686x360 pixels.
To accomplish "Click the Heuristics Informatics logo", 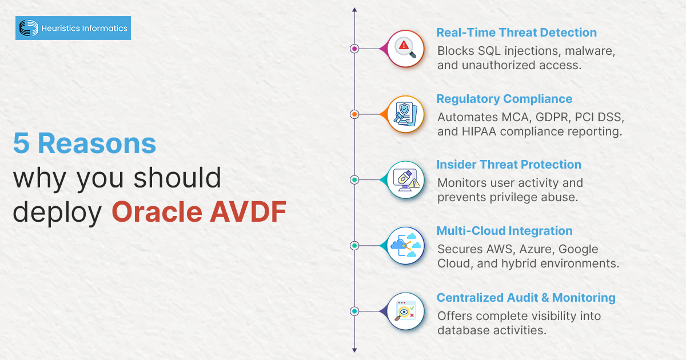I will click(x=73, y=28).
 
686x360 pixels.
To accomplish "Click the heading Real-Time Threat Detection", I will click(x=516, y=33).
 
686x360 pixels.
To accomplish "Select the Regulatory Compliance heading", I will click(x=504, y=99).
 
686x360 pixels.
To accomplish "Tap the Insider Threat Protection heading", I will click(x=509, y=165).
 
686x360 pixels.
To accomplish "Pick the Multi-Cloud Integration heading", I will click(x=504, y=231).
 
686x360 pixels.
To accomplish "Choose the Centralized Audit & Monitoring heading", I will click(x=526, y=298).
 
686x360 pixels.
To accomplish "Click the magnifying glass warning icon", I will click(x=405, y=49).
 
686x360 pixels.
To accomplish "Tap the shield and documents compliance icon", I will click(x=405, y=114).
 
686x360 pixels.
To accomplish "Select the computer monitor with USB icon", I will click(x=405, y=180).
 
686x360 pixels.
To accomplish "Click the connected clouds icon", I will click(x=405, y=246).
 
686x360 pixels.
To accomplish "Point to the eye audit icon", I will click(x=405, y=311).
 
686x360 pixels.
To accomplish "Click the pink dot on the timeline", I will click(x=354, y=49).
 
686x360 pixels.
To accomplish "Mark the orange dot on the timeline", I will click(x=354, y=114).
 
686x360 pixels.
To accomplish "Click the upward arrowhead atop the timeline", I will click(x=354, y=10).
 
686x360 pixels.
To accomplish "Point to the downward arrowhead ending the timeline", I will click(x=354, y=350).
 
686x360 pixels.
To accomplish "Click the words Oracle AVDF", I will click(x=199, y=211).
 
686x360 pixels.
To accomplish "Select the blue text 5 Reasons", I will click(x=85, y=144).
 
